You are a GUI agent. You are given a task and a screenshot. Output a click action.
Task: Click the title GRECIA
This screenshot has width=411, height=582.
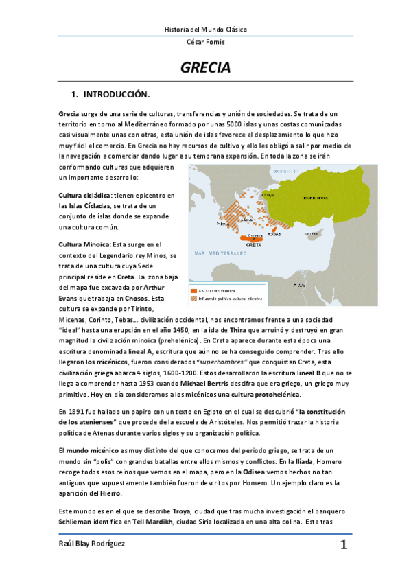tap(205, 69)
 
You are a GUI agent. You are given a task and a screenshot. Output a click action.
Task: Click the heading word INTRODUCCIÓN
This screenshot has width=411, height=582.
tap(116, 93)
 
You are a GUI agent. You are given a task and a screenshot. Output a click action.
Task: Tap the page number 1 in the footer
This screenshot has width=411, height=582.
tap(343, 546)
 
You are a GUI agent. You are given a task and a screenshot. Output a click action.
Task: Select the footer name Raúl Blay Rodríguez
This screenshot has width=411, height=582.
tap(91, 544)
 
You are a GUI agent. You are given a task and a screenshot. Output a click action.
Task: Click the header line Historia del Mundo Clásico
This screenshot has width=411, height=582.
tap(206, 30)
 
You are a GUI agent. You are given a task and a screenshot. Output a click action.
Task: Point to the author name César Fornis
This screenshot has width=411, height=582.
tap(206, 43)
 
